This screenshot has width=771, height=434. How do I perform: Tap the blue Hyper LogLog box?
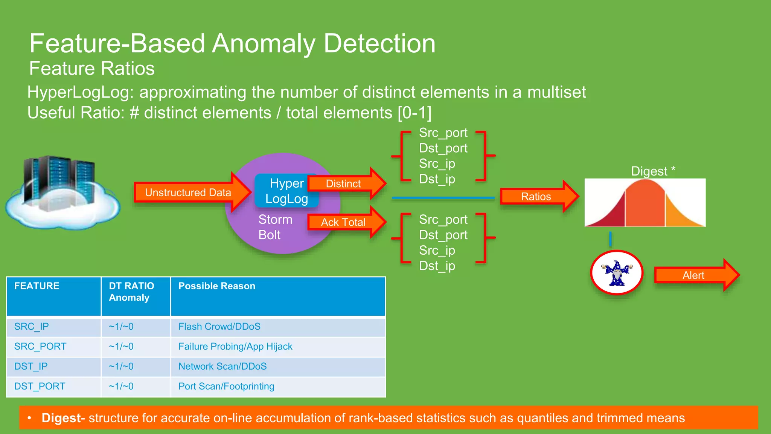tap(286, 191)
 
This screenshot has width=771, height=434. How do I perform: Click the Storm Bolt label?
tap(275, 227)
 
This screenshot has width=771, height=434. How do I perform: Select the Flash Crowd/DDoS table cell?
tap(219, 326)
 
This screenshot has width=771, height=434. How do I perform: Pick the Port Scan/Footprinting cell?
tap(226, 386)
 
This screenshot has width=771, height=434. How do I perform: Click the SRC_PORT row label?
tap(40, 346)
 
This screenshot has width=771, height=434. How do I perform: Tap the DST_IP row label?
tap(31, 366)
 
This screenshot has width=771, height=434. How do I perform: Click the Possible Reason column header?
tap(217, 286)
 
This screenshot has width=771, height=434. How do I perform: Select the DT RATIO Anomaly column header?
tap(131, 292)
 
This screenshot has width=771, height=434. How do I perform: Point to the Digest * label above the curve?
tap(653, 171)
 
